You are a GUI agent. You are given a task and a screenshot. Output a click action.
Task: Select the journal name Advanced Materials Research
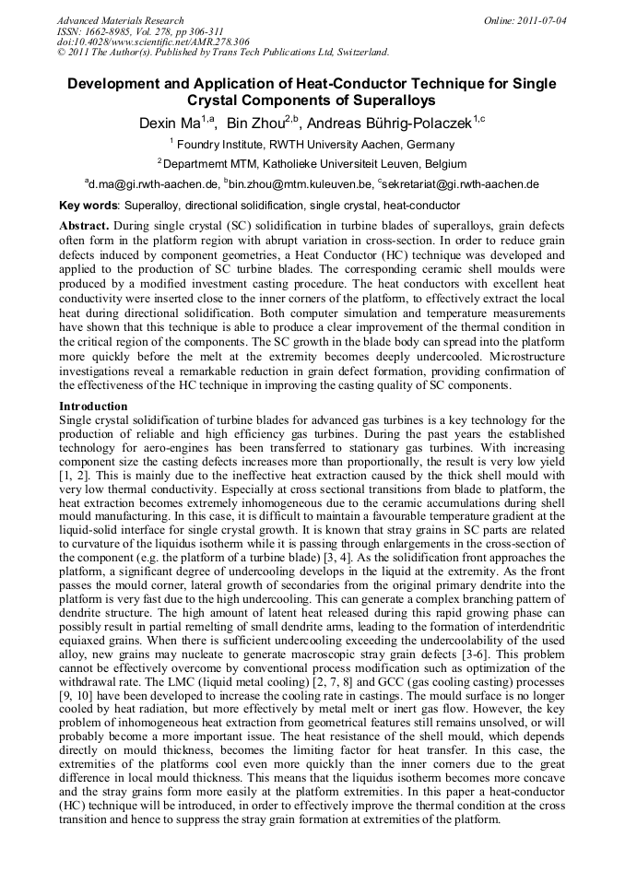[x=121, y=20]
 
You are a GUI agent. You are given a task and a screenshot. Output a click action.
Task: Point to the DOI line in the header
[x=153, y=41]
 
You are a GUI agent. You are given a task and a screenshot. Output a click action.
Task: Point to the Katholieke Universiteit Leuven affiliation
[x=378, y=163]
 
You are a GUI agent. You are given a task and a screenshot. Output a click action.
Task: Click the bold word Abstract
[x=86, y=226]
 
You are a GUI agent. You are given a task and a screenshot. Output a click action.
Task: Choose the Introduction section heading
[x=93, y=406]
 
